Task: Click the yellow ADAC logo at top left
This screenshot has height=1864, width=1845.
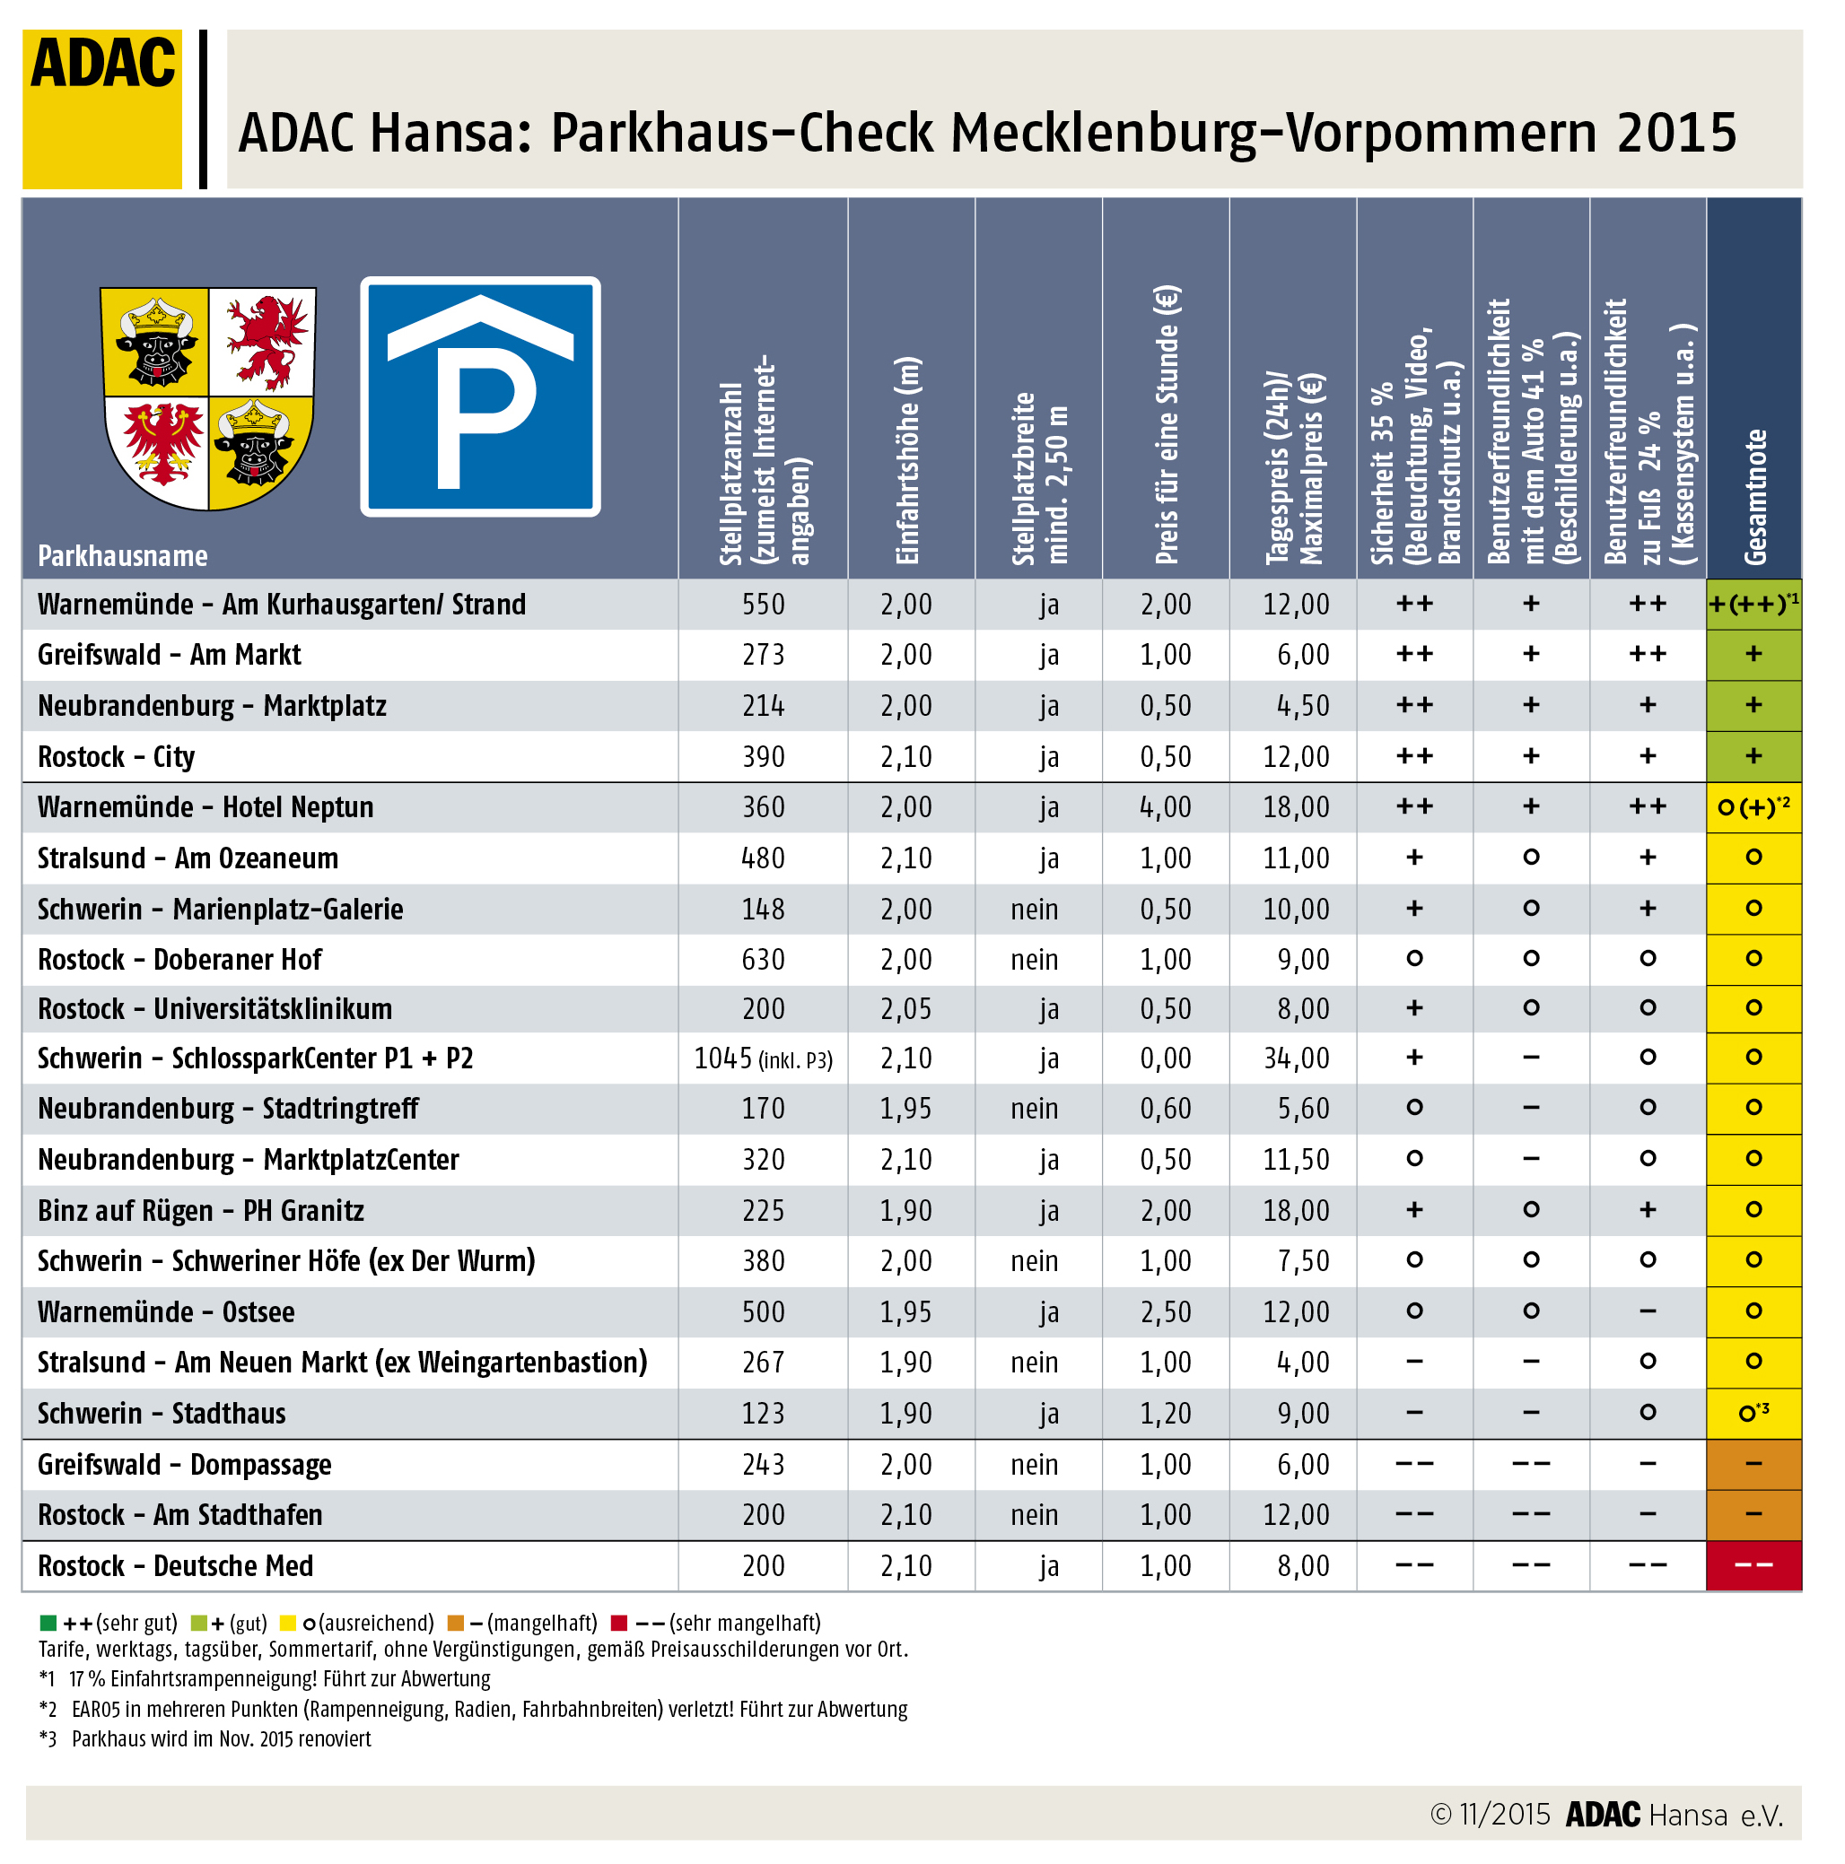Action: coord(102,108)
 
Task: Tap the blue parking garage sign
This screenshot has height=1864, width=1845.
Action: coord(479,396)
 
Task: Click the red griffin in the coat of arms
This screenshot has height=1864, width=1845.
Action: coord(262,342)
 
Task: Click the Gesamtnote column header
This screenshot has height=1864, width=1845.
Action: coord(1753,496)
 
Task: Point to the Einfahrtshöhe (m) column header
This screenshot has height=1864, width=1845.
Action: coord(908,460)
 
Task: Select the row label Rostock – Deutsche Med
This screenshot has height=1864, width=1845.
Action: coord(176,1566)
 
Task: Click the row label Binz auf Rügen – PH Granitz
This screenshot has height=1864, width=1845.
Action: coord(201,1211)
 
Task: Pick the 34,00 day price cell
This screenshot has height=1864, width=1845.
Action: coord(1296,1058)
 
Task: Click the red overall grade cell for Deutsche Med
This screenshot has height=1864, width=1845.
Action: coord(1753,1566)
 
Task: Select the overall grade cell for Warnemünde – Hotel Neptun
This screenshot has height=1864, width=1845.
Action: coord(1753,806)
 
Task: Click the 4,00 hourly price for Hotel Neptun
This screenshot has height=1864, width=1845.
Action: coord(1166,806)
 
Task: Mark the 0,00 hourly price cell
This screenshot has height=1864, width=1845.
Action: coord(1166,1058)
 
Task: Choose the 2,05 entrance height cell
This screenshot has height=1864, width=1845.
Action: coord(906,1009)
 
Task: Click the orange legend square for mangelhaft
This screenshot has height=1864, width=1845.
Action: coord(457,1623)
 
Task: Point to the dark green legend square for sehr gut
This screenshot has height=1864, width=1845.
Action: coord(48,1623)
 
